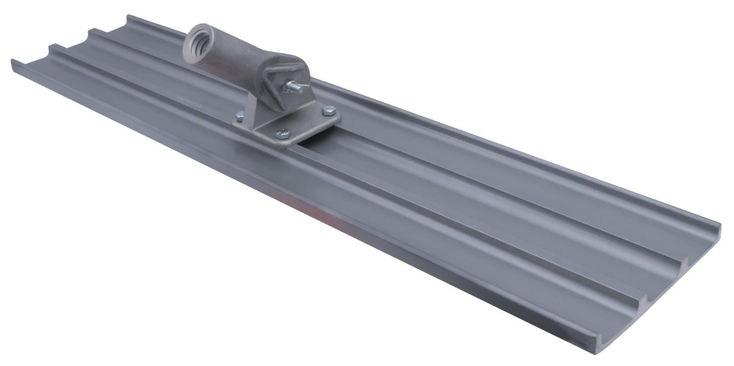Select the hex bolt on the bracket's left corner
[238, 118]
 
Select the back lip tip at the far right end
[720, 226]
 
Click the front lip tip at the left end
[12, 62]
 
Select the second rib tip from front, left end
[51, 47]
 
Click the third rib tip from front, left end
[89, 31]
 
